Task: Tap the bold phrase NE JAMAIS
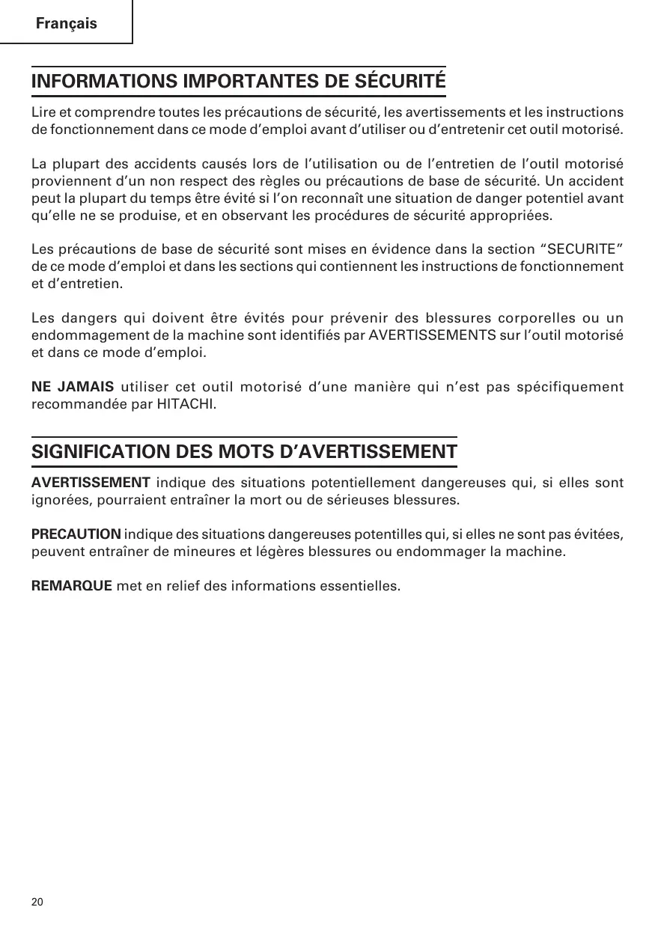click(x=73, y=387)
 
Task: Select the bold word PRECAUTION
click(x=76, y=534)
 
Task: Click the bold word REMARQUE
click(x=72, y=584)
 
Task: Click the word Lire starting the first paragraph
click(x=43, y=113)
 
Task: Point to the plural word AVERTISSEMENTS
click(x=433, y=334)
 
